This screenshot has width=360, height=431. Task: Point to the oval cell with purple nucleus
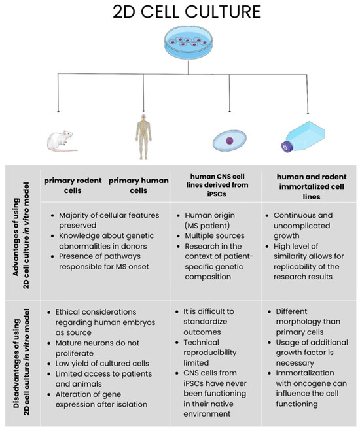[x=230, y=141]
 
